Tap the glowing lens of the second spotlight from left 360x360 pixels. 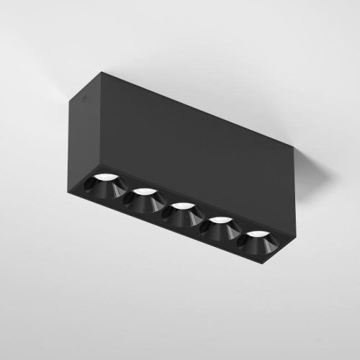coord(145,191)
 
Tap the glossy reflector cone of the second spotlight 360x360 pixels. coord(143,202)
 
